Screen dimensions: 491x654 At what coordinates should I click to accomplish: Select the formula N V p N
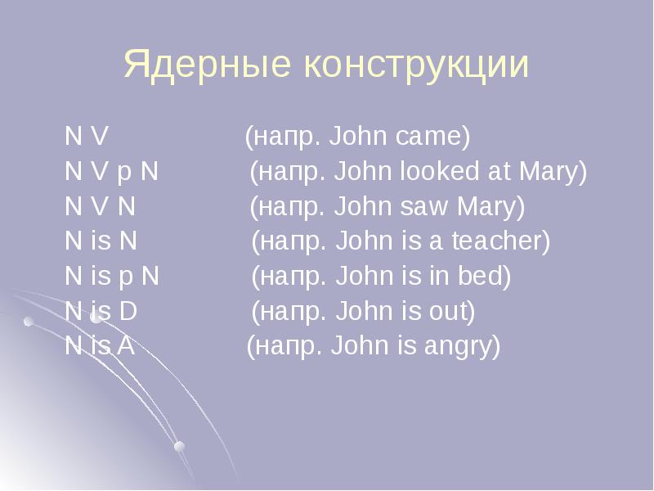point(112,173)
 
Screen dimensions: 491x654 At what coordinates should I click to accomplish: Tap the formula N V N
point(100,207)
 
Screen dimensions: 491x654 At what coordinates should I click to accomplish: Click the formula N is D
point(101,312)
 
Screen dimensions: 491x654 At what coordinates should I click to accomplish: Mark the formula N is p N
point(112,277)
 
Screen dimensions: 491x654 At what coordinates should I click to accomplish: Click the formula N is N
point(101,242)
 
